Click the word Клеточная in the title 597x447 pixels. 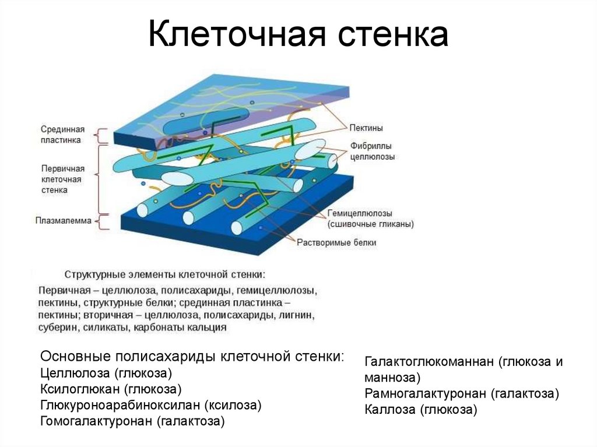(x=236, y=36)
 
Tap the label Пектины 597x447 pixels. (x=366, y=128)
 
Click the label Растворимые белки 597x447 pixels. (x=336, y=242)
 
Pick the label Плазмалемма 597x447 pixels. (x=63, y=220)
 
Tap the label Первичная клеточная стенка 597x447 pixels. (x=63, y=179)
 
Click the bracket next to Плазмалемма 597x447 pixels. (x=103, y=221)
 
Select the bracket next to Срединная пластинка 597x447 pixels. (x=103, y=136)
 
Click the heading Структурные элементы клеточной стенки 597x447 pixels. (x=164, y=273)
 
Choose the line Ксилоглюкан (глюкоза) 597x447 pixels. (x=111, y=389)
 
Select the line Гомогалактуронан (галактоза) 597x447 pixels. (x=132, y=421)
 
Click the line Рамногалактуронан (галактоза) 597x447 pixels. (x=462, y=393)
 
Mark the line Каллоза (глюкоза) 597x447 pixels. (x=421, y=410)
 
